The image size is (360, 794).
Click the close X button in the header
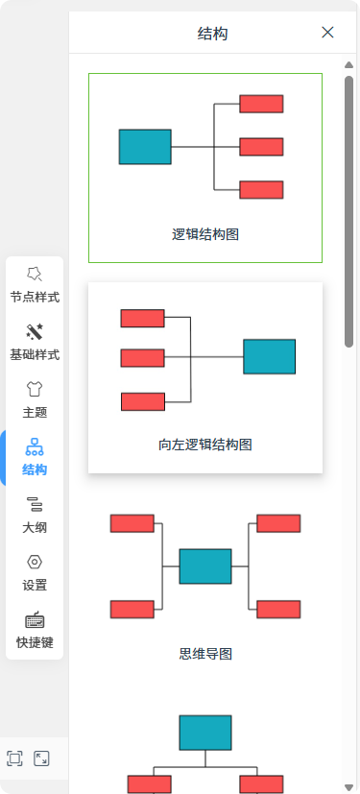click(x=327, y=33)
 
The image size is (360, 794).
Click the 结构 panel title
click(x=212, y=35)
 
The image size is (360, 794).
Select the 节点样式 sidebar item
click(x=35, y=285)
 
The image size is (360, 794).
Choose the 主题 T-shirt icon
click(x=35, y=389)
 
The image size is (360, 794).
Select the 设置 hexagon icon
click(x=35, y=563)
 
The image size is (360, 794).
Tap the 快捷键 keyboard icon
click(x=35, y=620)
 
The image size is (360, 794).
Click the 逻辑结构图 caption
click(x=205, y=233)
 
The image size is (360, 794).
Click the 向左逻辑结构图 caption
click(x=205, y=445)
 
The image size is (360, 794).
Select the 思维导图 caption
click(x=205, y=655)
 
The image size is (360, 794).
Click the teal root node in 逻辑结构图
click(x=145, y=147)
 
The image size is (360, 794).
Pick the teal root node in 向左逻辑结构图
click(x=269, y=356)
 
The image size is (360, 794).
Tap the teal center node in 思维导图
click(x=205, y=566)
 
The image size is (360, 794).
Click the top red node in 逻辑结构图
click(x=261, y=104)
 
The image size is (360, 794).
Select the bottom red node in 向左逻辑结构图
click(x=142, y=401)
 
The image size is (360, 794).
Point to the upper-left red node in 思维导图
click(x=132, y=523)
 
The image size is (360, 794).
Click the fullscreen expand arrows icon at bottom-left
click(x=41, y=758)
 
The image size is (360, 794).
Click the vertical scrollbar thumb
click(x=349, y=211)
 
